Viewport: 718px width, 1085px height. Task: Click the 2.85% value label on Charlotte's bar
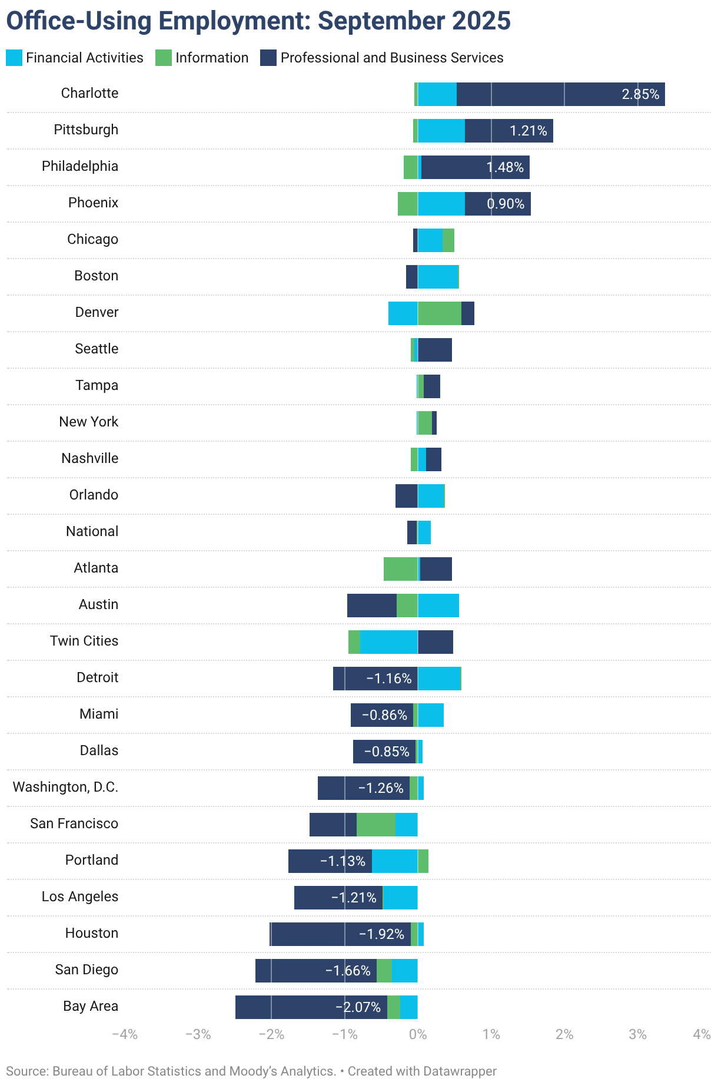coord(640,94)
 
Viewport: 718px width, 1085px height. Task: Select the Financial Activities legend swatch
coord(14,58)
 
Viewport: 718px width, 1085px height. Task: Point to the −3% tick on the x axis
coord(198,1034)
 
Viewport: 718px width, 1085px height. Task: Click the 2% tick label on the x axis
coord(564,1034)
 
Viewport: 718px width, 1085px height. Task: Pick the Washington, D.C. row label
coord(65,787)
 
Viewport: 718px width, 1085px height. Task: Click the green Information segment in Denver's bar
coord(439,313)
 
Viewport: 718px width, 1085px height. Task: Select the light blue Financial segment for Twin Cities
coord(388,642)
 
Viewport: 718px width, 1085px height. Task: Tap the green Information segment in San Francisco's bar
coord(375,825)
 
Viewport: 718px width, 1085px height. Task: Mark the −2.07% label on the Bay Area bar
coord(358,1007)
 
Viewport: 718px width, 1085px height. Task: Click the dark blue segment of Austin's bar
coord(371,606)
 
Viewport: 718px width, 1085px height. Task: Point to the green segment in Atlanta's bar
coord(400,569)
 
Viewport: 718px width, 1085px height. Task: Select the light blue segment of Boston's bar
coord(437,277)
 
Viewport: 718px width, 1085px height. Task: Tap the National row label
coord(92,531)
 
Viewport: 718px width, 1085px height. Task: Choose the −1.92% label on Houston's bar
coord(381,934)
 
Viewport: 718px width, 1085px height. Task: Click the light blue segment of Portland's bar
coord(394,861)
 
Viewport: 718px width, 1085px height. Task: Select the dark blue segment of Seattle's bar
coord(435,350)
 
